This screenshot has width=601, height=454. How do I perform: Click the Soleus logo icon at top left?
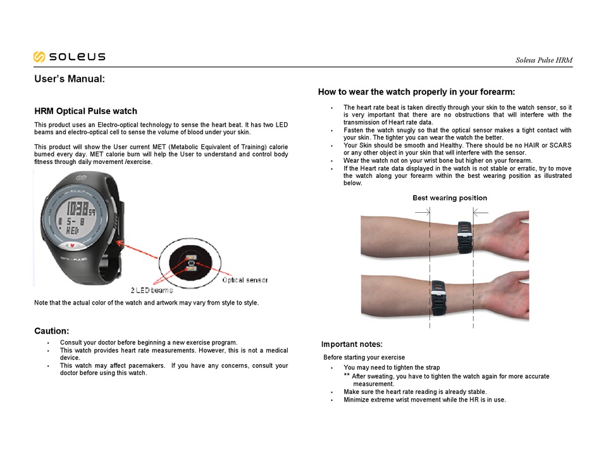click(39, 57)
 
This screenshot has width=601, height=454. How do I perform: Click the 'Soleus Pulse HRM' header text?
click(544, 61)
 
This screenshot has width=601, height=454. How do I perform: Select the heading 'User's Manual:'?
click(69, 80)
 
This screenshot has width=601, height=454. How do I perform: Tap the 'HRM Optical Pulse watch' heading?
click(85, 111)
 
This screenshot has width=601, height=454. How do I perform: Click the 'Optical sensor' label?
click(245, 279)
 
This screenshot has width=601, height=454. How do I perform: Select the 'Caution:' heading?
click(51, 331)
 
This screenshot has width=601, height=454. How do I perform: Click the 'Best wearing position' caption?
click(450, 198)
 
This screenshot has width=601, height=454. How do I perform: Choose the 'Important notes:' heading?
click(352, 344)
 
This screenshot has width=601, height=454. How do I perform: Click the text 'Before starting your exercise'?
click(364, 358)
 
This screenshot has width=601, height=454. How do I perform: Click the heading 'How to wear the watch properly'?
click(416, 92)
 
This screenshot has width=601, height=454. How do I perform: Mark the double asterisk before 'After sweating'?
click(347, 376)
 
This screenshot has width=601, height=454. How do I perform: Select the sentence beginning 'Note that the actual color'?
click(146, 303)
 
